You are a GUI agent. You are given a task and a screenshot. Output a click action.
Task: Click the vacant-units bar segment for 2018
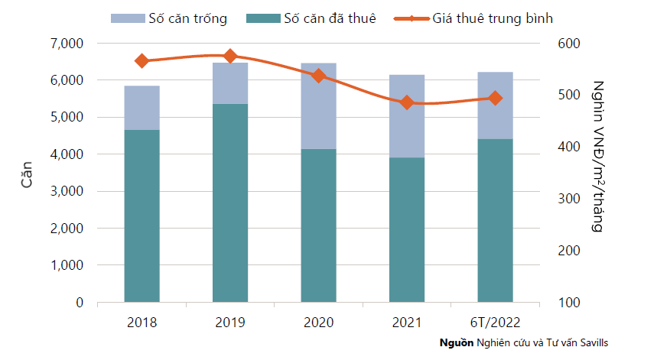[x=142, y=108]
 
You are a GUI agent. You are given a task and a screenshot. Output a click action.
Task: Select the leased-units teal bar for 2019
[x=230, y=203]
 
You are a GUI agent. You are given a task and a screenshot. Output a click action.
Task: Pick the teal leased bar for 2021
[x=407, y=229]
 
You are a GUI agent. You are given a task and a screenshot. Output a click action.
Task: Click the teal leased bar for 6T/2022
[x=495, y=220]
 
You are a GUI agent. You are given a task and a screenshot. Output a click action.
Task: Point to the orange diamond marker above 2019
[x=230, y=56]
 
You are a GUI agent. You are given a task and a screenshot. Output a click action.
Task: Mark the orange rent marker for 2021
[x=407, y=102]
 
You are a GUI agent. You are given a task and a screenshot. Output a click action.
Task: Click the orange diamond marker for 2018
[x=142, y=60]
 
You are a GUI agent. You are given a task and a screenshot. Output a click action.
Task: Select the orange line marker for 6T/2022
[x=495, y=98]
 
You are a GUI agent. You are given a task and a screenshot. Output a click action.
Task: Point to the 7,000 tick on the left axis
[x=69, y=44]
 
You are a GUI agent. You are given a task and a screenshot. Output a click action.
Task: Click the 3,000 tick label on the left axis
[x=69, y=192]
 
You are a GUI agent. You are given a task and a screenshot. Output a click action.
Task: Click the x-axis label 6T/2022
[x=495, y=322]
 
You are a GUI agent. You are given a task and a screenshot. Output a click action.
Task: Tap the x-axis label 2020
[x=319, y=322]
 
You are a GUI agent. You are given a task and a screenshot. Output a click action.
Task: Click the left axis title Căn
[x=26, y=174]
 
